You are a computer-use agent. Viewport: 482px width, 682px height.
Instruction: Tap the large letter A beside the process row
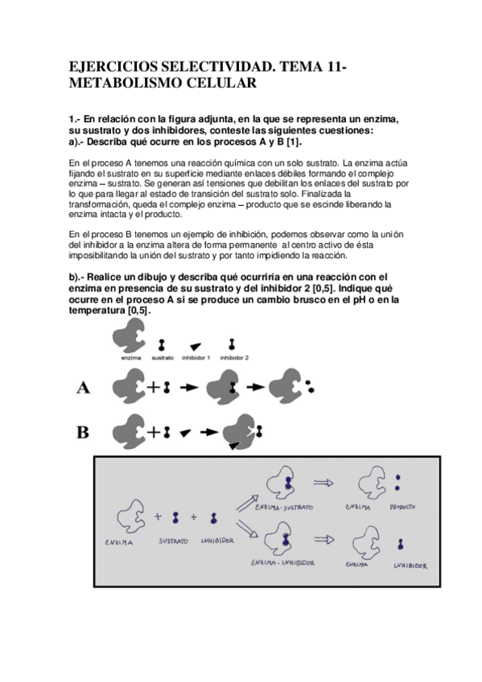pos(83,387)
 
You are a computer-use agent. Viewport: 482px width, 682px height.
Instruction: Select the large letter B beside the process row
pos(83,433)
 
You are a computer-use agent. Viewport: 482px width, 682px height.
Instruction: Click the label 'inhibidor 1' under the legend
pos(196,358)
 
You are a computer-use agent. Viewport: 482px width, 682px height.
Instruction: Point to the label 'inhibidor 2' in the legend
pos(234,358)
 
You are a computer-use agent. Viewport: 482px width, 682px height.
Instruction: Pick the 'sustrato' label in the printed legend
pos(163,358)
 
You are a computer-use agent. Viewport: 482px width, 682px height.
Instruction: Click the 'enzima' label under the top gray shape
pos(131,358)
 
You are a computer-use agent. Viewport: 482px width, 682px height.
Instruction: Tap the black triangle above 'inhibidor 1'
pos(196,347)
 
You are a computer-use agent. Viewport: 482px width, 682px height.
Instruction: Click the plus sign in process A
pos(154,387)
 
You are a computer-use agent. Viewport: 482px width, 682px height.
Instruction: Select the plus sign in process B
pos(154,433)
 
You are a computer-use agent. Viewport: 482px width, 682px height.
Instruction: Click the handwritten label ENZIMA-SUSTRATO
pos(284,507)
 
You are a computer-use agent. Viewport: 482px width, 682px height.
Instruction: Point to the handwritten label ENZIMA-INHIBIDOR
pos(282,563)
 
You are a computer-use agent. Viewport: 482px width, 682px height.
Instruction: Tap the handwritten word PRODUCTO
pos(402,507)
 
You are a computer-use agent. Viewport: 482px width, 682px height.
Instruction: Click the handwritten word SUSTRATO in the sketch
pos(173,541)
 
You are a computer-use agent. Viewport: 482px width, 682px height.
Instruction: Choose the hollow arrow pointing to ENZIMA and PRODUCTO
pos(323,483)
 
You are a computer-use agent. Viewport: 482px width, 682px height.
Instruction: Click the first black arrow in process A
pos(189,387)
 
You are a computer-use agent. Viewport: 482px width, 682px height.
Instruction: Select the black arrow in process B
pos(209,433)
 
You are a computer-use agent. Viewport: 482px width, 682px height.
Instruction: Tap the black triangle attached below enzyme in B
pos(234,446)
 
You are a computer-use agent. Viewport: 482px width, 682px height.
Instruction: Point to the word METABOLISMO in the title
pos(126,83)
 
